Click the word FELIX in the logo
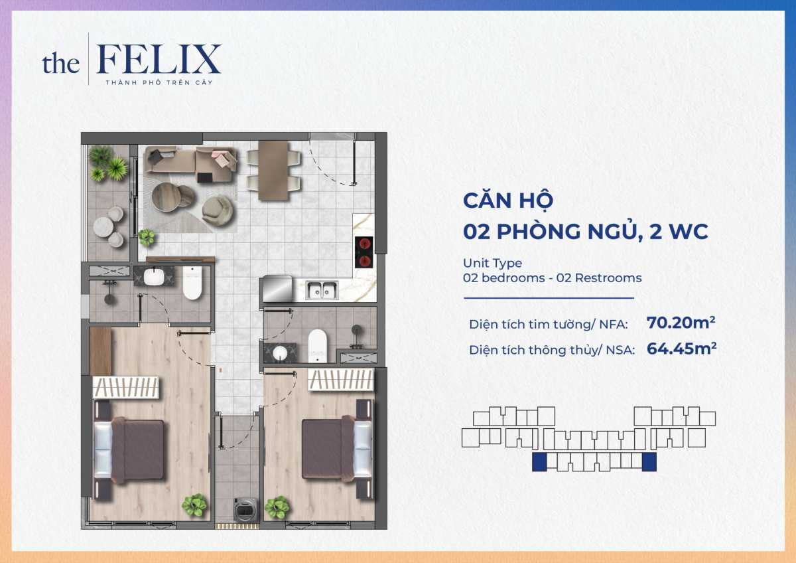coord(159,60)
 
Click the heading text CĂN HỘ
coord(508,200)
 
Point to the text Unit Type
coord(492,264)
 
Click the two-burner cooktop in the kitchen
coord(364,252)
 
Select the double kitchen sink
coord(322,289)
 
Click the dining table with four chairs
coord(273,170)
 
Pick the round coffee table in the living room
coord(173,198)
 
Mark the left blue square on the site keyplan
coord(539,463)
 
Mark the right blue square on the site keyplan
coord(649,463)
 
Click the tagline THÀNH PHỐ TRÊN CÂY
coord(159,82)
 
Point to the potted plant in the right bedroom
coord(276,508)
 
